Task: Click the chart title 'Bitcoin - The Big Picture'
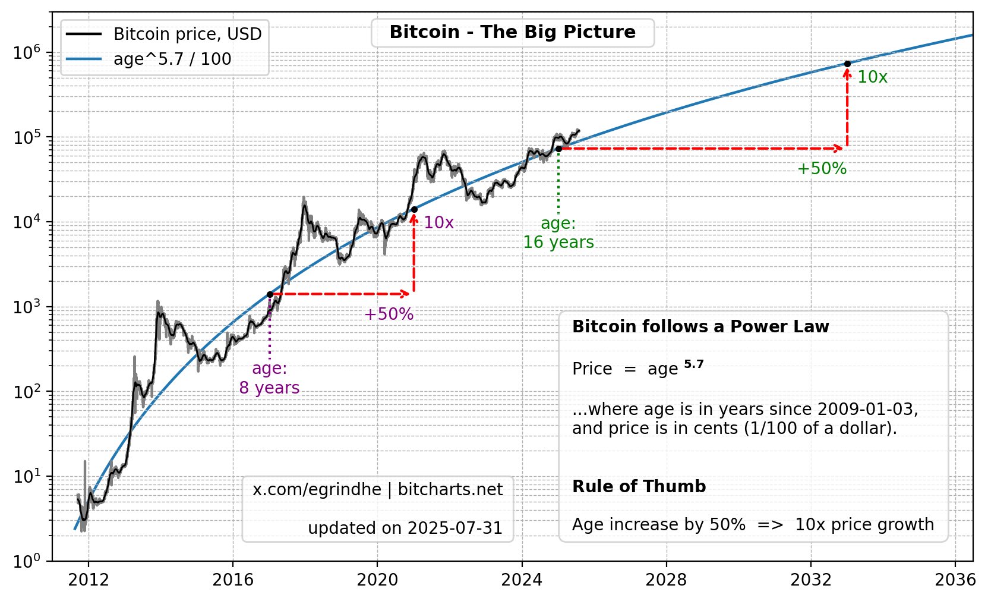coord(512,32)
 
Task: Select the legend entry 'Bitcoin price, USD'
coord(187,34)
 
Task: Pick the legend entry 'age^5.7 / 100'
coord(172,59)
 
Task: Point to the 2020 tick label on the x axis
coord(377,580)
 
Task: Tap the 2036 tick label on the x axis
coord(955,580)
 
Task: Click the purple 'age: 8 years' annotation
coord(269,378)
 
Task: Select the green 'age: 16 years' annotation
coord(558,233)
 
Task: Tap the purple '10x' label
coord(438,223)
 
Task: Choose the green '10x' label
coord(872,77)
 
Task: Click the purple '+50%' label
coord(389,314)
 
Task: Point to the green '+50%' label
coord(822,169)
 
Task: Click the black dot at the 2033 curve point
coord(847,64)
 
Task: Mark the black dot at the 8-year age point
coord(270,294)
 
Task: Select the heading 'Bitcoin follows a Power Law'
coord(700,327)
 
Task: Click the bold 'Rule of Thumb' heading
coord(639,487)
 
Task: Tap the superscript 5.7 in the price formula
coord(693,364)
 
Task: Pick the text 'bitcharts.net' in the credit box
coord(450,490)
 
